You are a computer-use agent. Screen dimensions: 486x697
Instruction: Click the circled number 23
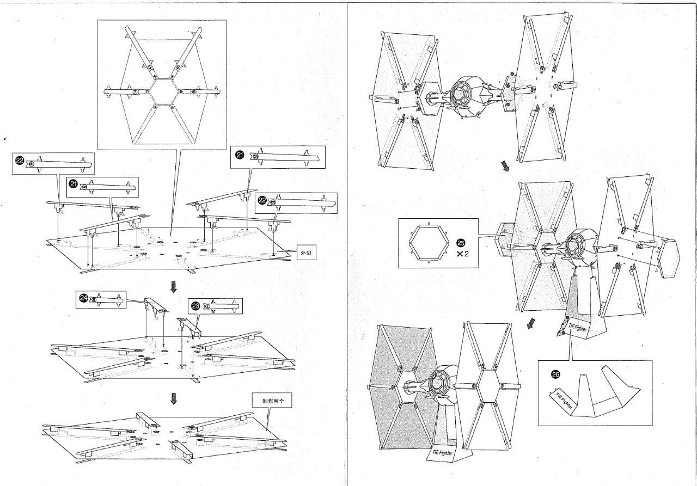(196, 306)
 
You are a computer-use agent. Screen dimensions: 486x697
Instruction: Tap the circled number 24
(83, 298)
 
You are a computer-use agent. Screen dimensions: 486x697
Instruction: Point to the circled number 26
(555, 374)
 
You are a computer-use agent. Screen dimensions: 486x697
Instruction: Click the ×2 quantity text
(463, 254)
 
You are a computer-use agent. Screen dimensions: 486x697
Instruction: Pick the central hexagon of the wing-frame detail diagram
(161, 91)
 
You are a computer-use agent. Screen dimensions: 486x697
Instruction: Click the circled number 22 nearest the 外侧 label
(262, 200)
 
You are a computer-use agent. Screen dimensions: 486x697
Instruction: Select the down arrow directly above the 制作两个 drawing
(174, 399)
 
